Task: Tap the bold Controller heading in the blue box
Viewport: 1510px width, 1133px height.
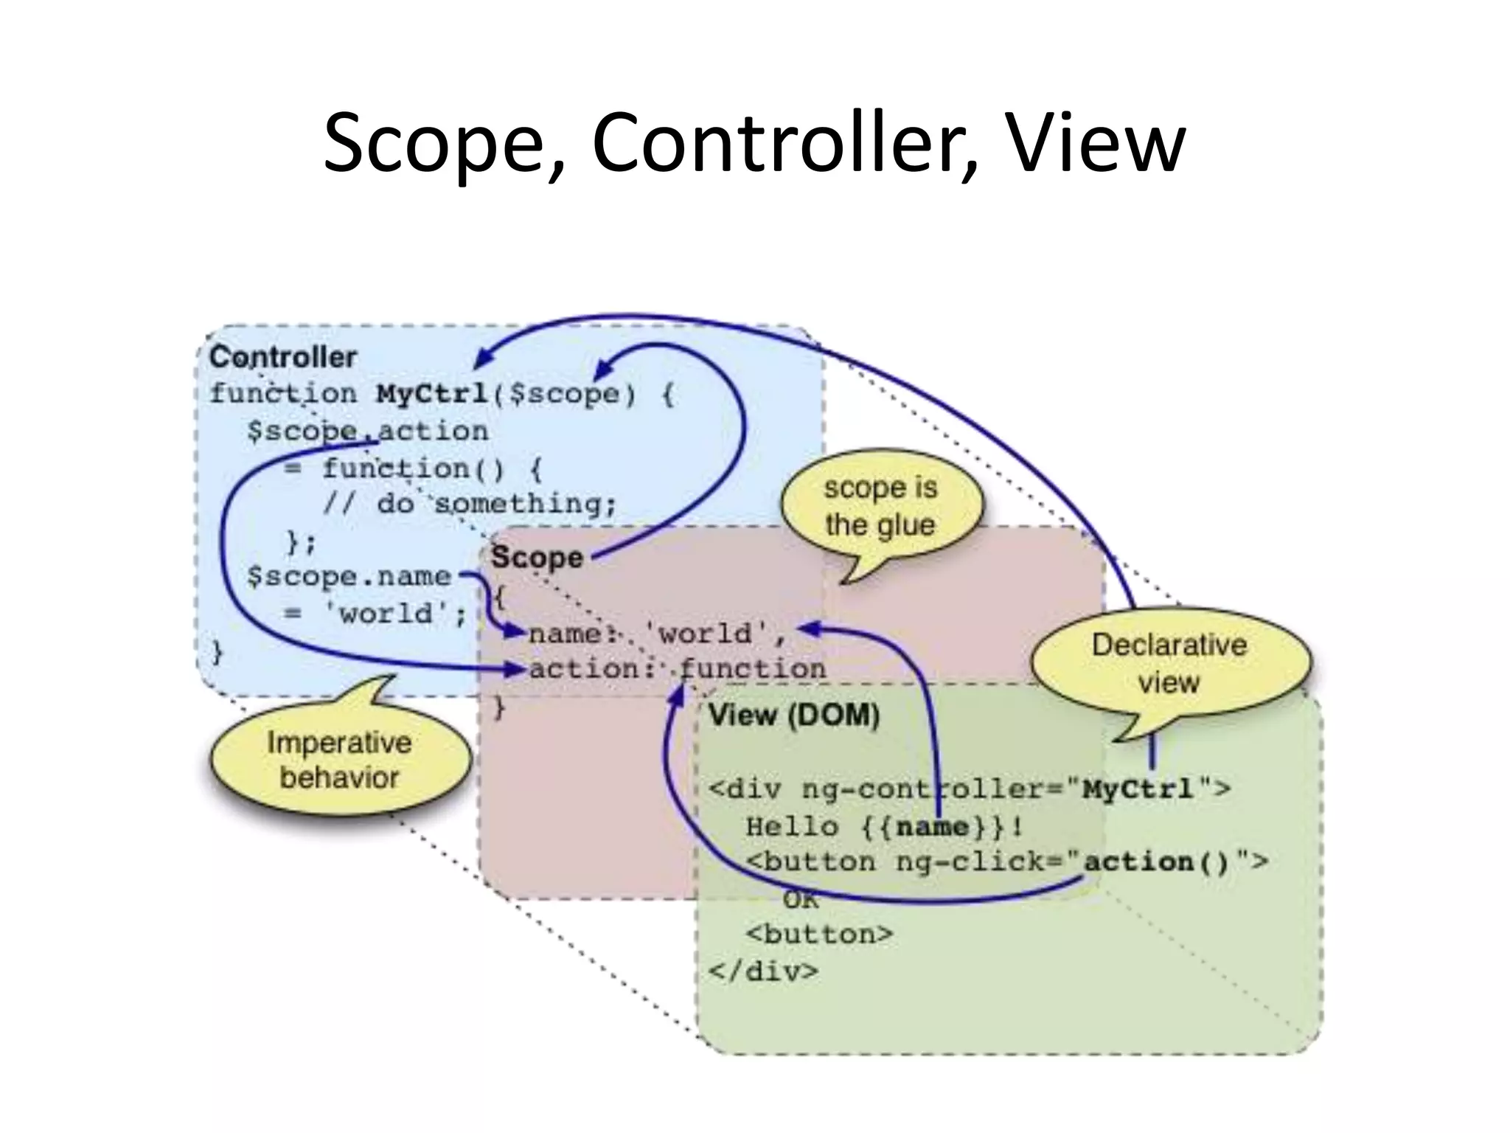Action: [x=282, y=358]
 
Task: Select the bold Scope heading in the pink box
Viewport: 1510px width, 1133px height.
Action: [x=537, y=558]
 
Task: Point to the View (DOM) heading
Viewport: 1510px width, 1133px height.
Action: [x=794, y=716]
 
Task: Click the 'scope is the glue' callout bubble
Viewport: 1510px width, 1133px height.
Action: [x=880, y=507]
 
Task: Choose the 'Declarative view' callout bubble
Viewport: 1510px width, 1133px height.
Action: [x=1169, y=663]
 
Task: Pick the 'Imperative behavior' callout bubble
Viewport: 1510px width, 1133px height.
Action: [x=339, y=760]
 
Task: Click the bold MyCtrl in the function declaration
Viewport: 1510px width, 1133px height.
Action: [x=432, y=393]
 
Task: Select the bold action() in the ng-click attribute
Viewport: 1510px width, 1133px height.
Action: [x=1157, y=862]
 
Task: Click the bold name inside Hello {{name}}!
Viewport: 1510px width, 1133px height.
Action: [x=932, y=826]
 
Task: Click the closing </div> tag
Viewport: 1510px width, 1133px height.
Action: [x=763, y=971]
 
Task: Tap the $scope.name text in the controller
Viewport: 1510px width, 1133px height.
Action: [x=349, y=577]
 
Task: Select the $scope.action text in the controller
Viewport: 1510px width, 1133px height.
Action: [x=367, y=432]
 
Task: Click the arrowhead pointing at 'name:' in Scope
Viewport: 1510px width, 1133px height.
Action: [x=515, y=632]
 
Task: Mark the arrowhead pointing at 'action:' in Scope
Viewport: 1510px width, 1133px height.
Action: [x=516, y=669]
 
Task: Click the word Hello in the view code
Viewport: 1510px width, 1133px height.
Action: [x=792, y=826]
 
